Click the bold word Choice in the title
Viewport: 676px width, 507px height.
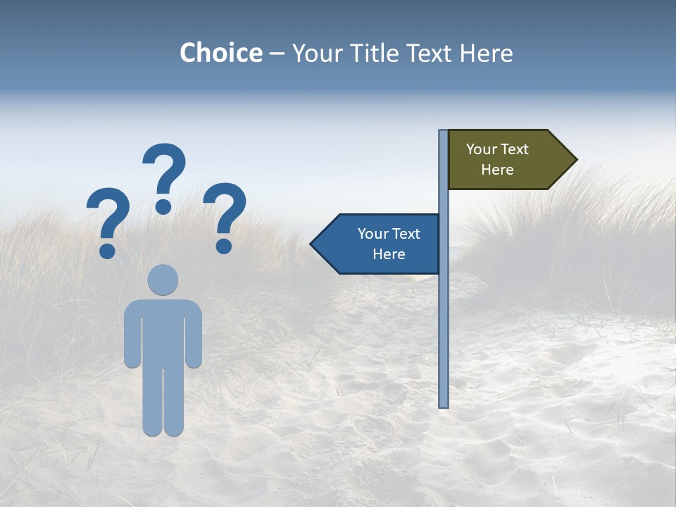[220, 53]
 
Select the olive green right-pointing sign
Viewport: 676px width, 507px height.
[507, 160]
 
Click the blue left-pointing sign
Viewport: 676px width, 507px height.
[380, 244]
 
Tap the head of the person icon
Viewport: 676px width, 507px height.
[163, 280]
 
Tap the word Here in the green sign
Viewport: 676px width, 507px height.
[497, 170]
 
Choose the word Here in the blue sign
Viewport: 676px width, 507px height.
[389, 254]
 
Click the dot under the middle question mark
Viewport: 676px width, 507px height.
[163, 206]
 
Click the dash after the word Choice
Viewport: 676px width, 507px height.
[277, 54]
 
